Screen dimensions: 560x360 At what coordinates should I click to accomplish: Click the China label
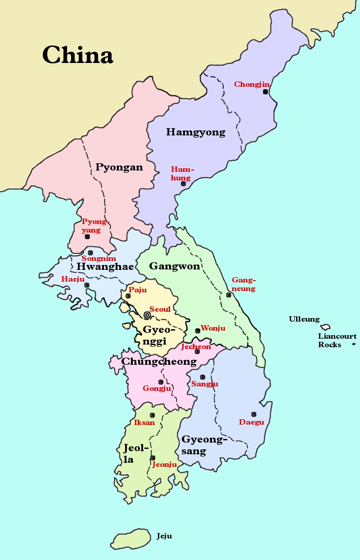77,55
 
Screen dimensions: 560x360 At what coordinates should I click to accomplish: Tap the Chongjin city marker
265,92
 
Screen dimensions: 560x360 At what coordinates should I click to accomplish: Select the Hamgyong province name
196,132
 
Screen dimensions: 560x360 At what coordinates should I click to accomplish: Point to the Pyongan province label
119,167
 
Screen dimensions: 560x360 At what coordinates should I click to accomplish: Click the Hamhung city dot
183,184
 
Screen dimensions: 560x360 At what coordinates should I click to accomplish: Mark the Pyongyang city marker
87,237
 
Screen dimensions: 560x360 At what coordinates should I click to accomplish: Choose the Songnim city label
99,259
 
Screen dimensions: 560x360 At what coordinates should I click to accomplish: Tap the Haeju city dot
87,285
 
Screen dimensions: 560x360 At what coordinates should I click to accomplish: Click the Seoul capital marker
147,315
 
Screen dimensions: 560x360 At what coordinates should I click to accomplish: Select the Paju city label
138,290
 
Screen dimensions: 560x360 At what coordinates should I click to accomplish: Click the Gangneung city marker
229,295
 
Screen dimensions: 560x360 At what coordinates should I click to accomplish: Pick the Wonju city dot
197,331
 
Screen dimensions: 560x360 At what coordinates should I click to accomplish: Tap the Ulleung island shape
325,327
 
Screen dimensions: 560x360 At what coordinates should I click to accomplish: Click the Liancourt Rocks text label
337,340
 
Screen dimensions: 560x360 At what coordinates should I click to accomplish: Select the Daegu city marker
254,414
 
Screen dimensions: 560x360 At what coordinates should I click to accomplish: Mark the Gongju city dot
161,382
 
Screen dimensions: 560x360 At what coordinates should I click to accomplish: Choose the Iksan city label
144,423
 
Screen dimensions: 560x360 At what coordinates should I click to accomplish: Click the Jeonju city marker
153,458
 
